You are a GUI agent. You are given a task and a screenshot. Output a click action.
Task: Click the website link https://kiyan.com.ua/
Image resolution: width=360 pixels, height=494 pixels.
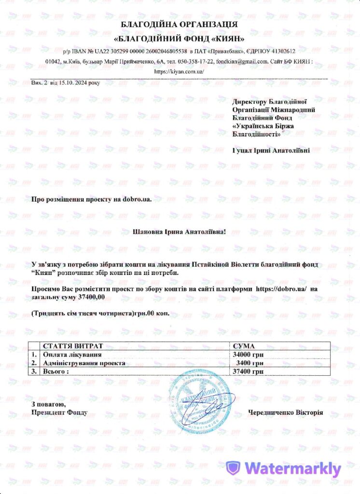pos(180,71)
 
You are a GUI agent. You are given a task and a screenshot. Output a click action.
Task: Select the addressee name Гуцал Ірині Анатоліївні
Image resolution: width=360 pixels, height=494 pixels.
pos(271,151)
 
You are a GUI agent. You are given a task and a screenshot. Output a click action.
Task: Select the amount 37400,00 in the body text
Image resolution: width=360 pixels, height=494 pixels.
pos(91,297)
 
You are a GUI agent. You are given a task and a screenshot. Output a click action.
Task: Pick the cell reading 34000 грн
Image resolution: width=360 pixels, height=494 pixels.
pos(248,355)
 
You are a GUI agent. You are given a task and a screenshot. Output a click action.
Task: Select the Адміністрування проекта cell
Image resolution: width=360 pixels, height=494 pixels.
pos(84,363)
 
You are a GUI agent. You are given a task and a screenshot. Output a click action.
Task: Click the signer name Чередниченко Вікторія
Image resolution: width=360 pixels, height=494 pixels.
pos(286,413)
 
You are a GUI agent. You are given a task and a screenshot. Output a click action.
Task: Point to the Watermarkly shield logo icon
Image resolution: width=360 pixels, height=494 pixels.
pos(234,468)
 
